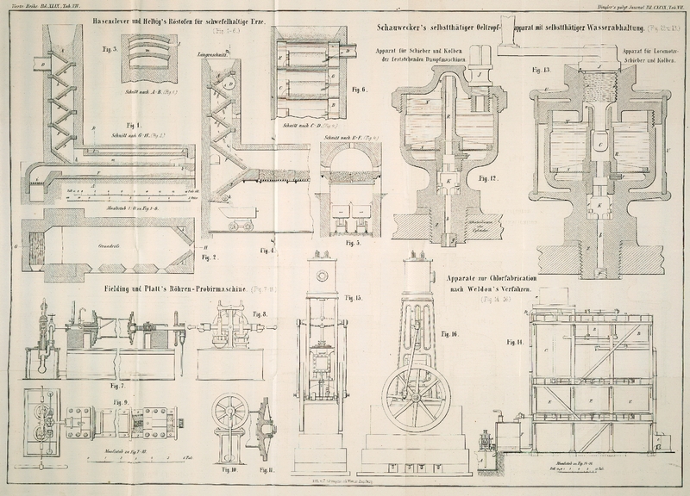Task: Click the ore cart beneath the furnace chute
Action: click(237, 220)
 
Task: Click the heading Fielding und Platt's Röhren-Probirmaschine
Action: click(169, 289)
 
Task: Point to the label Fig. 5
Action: click(352, 243)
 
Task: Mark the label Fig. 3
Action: click(110, 39)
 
